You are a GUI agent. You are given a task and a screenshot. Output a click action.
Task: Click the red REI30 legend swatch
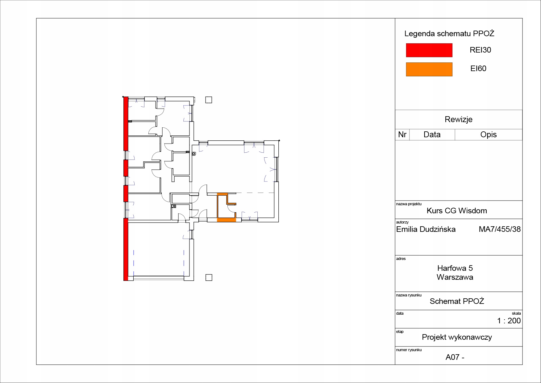click(429, 50)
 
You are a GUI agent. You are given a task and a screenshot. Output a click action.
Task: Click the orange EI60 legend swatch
click(429, 69)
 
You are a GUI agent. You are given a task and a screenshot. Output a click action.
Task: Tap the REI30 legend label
click(480, 50)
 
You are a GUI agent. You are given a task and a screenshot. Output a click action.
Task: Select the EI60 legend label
click(478, 69)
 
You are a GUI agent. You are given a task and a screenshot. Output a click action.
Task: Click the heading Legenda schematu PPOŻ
click(449, 33)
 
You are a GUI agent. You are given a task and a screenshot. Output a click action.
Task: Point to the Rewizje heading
click(459, 119)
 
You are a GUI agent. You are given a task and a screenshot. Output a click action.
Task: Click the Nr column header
click(402, 134)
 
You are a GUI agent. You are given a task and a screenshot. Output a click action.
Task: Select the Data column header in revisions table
click(432, 134)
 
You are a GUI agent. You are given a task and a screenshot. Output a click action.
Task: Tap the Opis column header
click(489, 134)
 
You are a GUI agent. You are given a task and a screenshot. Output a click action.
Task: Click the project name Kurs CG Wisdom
click(457, 211)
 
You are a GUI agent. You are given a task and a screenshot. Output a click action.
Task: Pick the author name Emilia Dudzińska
click(426, 229)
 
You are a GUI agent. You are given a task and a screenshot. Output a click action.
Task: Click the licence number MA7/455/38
click(500, 229)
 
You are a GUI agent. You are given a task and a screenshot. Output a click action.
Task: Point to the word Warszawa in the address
click(455, 277)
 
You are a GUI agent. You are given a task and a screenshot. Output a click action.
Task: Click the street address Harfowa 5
click(455, 268)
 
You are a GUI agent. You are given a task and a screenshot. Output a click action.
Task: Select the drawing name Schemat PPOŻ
click(457, 301)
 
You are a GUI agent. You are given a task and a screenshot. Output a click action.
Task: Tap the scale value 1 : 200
click(509, 321)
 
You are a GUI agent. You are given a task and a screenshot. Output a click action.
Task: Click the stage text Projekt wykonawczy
click(457, 337)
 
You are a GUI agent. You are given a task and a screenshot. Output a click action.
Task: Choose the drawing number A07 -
click(455, 357)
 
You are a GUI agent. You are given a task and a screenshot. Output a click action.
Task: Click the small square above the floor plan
click(209, 100)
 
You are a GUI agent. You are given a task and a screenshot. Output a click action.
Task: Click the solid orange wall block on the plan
click(227, 220)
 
